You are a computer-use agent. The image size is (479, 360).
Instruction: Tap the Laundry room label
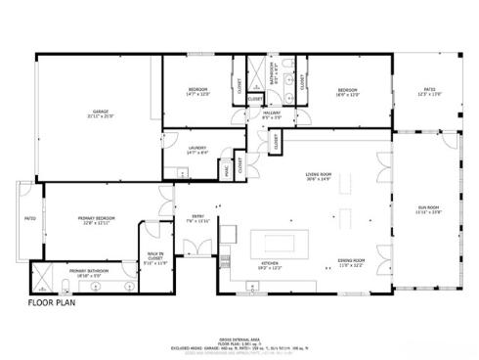(x=196, y=150)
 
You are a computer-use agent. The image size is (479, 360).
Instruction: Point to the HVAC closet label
(x=226, y=169)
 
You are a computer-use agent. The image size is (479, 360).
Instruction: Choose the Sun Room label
(x=429, y=210)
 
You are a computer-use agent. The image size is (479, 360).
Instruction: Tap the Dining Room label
(x=351, y=262)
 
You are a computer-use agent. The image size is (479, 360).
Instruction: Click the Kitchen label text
(x=271, y=265)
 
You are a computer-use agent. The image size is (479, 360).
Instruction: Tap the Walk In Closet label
(x=156, y=258)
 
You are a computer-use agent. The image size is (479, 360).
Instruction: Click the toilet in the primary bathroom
(x=131, y=286)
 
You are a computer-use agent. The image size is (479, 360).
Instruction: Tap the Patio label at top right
(x=429, y=92)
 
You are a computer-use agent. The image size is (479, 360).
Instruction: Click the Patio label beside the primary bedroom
(x=29, y=218)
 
